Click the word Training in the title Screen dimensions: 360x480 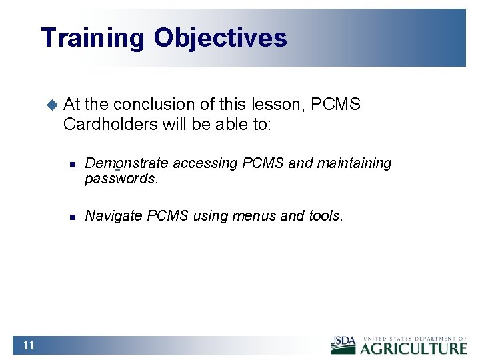pos(92,38)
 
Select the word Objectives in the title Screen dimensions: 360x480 pos(221,38)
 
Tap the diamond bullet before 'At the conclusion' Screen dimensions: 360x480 pos(52,104)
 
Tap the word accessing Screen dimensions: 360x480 pos(205,163)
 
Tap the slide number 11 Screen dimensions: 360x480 pos(28,345)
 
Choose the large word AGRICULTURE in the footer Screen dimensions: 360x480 pos(414,347)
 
